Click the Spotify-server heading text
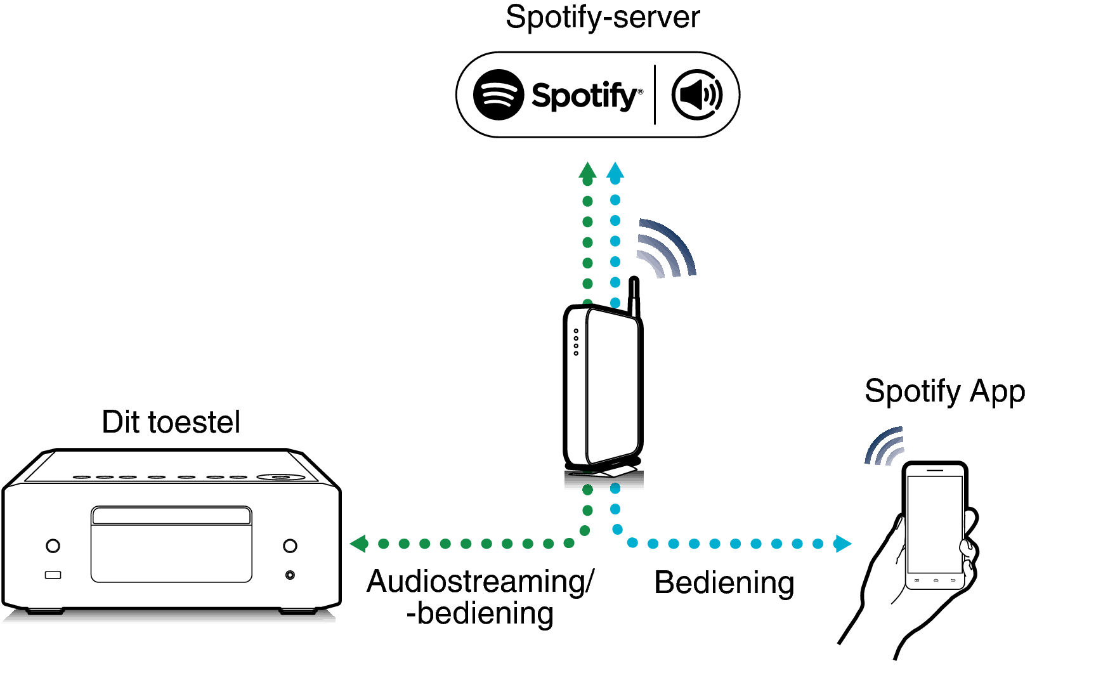(x=602, y=17)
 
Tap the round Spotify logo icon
(x=499, y=95)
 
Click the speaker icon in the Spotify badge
(x=696, y=95)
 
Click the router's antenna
(x=633, y=296)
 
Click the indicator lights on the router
(x=576, y=342)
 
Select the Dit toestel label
(x=171, y=422)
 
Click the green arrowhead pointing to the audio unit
(x=359, y=544)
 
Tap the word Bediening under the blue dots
(x=724, y=582)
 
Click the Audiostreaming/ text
(x=480, y=581)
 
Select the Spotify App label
(x=944, y=391)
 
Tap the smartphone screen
(x=935, y=523)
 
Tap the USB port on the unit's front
(x=53, y=575)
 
